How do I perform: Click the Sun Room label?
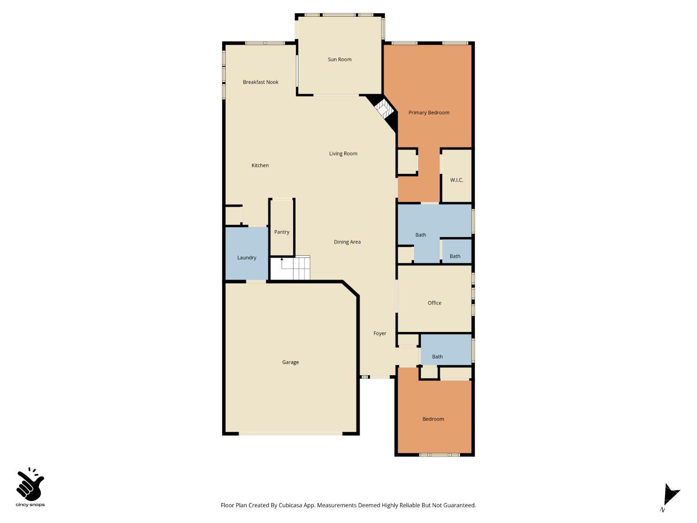pos(340,60)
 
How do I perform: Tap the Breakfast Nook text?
pos(261,82)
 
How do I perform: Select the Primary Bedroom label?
pos(429,113)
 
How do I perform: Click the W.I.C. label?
pos(457,180)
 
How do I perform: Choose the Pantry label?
pos(282,232)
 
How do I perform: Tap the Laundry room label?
pos(247,258)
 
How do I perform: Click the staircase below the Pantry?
pos(290,268)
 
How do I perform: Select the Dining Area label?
pos(347,242)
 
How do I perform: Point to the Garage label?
pos(290,362)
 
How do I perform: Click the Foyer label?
pos(380,333)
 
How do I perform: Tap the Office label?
pos(434,303)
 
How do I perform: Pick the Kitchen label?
pos(260,166)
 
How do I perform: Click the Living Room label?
pos(343,153)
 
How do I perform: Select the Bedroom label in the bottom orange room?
pos(433,419)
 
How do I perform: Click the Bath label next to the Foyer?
pos(437,357)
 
